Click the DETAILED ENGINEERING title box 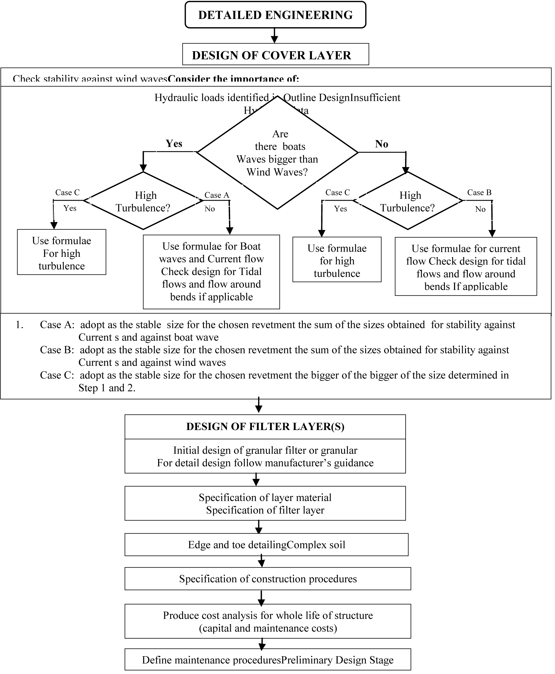pos(275,15)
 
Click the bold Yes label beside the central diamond pos(174,143)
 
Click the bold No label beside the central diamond pos(382,144)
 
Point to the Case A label pos(217,195)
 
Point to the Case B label pos(479,192)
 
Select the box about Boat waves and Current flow pos(211,272)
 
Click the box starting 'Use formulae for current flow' pos(466,266)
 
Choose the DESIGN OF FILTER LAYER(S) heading pos(265,427)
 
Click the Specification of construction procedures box pos(268,579)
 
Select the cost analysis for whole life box pos(268,621)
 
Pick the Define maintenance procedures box pos(268,660)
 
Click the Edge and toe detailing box pos(267,544)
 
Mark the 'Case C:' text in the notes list pos(57,375)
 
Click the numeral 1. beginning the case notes pos(20,325)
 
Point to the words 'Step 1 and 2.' pos(107,388)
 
